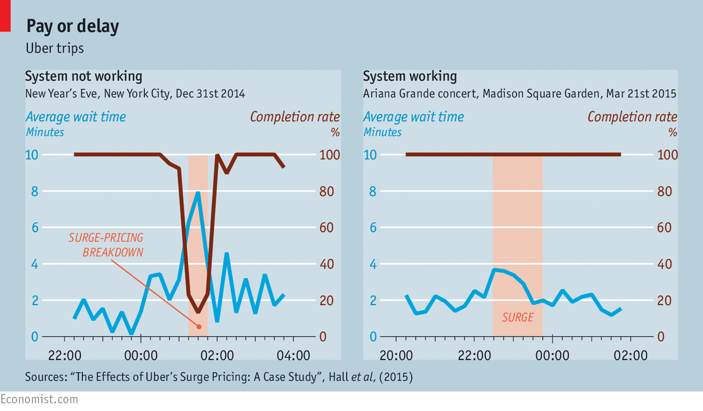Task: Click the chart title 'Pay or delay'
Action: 72,26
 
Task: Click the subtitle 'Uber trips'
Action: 54,48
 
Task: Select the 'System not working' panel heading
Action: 83,76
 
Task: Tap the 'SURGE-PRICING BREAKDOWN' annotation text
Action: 106,244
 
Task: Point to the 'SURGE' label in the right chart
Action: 518,318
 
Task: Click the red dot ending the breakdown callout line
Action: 198,327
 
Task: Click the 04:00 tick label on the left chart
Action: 293,355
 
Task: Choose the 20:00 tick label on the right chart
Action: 395,355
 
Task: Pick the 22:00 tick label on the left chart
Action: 64,355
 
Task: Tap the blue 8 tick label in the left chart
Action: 34,191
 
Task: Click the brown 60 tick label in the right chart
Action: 665,227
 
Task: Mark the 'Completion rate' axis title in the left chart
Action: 295,117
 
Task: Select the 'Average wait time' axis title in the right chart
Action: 414,117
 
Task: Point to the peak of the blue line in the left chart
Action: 198,193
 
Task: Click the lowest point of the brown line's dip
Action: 198,312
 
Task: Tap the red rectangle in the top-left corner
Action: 5,16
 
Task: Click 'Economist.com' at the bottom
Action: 39,400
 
